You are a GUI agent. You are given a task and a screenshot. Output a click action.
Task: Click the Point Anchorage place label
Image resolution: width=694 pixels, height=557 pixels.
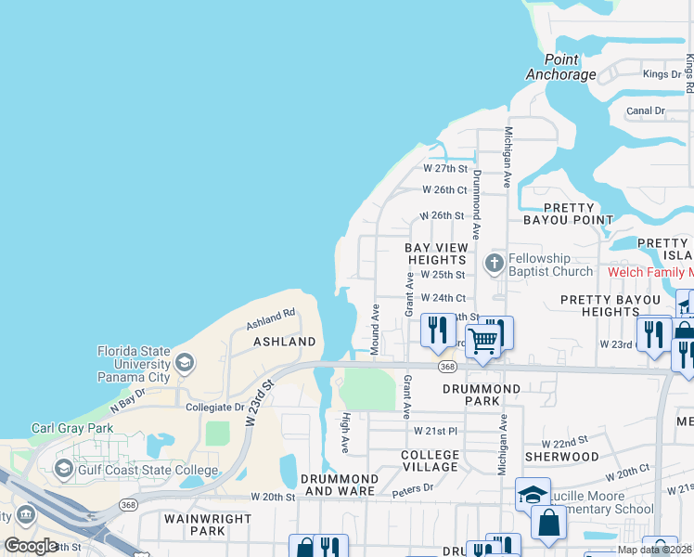click(560, 68)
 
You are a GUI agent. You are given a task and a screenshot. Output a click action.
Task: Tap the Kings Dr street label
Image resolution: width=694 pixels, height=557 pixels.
click(662, 74)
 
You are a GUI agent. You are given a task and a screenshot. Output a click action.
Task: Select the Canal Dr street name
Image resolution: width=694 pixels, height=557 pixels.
click(646, 110)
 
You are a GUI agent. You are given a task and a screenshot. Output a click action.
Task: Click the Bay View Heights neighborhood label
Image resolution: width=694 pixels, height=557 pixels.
click(435, 254)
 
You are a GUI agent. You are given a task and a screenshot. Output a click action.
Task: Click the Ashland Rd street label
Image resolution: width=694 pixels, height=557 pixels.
click(270, 319)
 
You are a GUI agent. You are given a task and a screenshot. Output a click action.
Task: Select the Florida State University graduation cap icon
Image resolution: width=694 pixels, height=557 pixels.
click(185, 361)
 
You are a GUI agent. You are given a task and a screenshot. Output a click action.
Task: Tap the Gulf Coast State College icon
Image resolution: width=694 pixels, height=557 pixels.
click(63, 468)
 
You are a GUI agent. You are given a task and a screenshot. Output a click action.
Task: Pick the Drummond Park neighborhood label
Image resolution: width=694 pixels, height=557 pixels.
click(482, 395)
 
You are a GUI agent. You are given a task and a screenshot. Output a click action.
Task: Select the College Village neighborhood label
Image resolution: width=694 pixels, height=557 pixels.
click(430, 460)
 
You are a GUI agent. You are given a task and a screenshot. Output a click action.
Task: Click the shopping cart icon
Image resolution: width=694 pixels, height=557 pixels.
click(483, 341)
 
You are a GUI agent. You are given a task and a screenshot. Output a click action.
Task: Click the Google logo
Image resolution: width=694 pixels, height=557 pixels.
click(31, 546)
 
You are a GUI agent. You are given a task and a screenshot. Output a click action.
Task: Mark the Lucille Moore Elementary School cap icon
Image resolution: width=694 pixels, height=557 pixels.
click(533, 494)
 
